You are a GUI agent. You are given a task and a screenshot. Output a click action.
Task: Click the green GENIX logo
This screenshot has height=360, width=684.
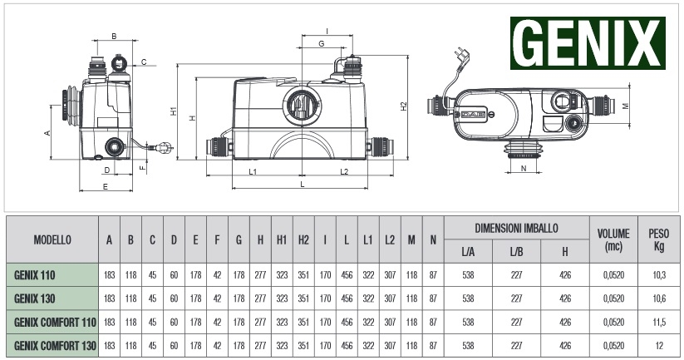click(x=588, y=43)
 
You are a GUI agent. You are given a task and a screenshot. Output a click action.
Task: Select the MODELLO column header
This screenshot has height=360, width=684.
click(x=52, y=240)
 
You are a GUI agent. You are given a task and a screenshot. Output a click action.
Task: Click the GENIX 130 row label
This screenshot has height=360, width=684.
click(x=34, y=298)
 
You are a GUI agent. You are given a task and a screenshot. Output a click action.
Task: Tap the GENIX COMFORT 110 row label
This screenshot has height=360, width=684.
click(x=55, y=322)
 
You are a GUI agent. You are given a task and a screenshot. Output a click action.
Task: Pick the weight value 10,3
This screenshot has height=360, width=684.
click(x=659, y=275)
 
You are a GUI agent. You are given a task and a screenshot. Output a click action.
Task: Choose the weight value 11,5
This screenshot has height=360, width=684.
click(x=659, y=322)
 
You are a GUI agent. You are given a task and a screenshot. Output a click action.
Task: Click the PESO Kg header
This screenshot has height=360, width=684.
click(x=659, y=239)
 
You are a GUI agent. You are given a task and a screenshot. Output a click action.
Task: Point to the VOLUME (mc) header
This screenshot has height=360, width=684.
click(x=613, y=239)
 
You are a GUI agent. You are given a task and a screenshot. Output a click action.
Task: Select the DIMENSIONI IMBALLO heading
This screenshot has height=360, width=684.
click(x=516, y=228)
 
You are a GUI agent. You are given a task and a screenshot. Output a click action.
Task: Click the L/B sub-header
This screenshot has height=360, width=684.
click(x=516, y=252)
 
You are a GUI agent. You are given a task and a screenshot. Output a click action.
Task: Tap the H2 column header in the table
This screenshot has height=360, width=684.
click(x=303, y=240)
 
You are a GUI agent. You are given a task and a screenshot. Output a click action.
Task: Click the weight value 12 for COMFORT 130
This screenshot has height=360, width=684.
click(x=659, y=346)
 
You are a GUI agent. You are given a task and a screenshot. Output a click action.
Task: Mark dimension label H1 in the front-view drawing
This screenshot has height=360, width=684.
click(x=174, y=111)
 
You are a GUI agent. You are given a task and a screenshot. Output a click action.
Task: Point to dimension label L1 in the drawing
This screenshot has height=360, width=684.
click(x=253, y=171)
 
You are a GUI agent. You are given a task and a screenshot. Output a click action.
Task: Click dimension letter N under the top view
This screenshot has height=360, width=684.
click(x=524, y=168)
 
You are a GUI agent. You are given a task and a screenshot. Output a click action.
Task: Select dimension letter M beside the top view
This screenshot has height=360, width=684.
click(x=626, y=106)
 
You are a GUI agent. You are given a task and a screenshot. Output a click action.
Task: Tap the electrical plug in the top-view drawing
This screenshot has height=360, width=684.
click(x=462, y=56)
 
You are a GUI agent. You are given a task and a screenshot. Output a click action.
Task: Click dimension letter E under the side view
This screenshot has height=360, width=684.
click(x=105, y=187)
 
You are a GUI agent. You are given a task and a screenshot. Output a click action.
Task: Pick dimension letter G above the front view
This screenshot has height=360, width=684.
click(x=322, y=43)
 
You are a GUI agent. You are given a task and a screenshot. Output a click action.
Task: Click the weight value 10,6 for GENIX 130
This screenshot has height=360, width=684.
click(x=659, y=298)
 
